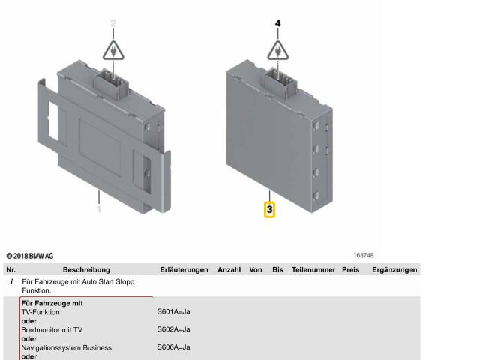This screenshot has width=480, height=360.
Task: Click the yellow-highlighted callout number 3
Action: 269,210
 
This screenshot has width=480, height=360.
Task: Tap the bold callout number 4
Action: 277,23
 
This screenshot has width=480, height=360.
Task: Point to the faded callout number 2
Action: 113,23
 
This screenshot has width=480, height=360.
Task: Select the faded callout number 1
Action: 99,209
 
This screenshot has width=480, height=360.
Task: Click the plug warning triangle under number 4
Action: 278,50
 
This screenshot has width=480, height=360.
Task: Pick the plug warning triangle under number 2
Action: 113,50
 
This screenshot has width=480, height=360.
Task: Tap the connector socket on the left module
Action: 112,82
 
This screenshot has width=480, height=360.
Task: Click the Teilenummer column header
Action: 313,270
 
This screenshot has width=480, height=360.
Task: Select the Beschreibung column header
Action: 86,270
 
